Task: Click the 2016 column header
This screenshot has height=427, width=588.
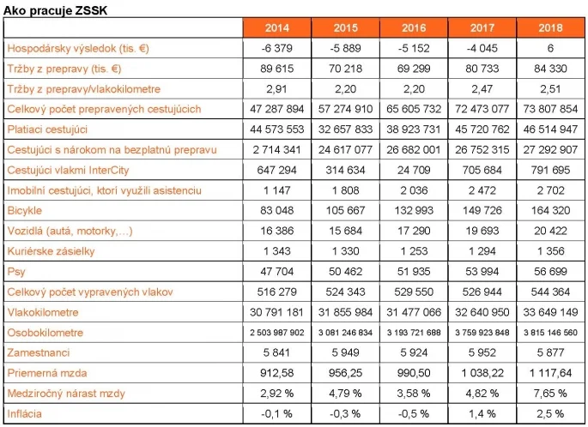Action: [x=414, y=27]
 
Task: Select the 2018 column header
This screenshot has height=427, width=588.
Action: [x=550, y=27]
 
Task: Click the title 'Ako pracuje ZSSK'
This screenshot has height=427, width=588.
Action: [x=56, y=10]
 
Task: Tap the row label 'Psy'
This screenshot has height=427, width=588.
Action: [x=16, y=272]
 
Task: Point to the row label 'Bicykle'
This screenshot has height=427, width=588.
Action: [x=24, y=211]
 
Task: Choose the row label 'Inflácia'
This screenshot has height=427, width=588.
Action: [x=24, y=413]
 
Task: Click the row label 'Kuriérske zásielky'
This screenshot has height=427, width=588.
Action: [x=51, y=251]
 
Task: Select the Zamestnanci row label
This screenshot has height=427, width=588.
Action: [x=39, y=352]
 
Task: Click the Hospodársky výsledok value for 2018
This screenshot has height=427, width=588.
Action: [x=550, y=48]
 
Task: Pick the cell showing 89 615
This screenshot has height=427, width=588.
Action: [x=276, y=69]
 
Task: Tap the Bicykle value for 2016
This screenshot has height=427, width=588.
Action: [x=414, y=211]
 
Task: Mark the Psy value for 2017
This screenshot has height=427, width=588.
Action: [x=482, y=272]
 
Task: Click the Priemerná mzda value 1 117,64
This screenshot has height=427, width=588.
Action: [x=550, y=373]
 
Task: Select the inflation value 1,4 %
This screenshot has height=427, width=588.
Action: [x=482, y=413]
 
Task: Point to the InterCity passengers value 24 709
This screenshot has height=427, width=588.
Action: [x=414, y=170]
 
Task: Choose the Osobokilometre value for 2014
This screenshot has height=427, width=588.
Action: [x=276, y=333]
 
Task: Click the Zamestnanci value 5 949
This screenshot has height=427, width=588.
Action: [x=345, y=352]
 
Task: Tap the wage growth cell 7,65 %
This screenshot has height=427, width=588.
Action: [x=550, y=394]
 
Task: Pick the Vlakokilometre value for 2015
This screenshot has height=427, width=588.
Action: [x=345, y=312]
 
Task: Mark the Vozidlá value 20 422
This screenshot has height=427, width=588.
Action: [x=550, y=231]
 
